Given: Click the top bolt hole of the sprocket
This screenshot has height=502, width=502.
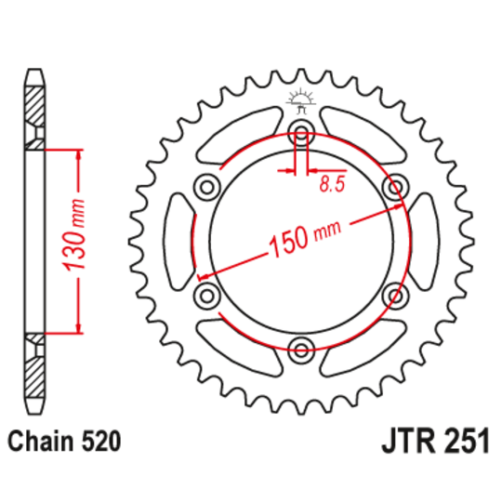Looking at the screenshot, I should point(301,129).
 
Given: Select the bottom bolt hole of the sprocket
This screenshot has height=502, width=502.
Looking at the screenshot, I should point(301,350).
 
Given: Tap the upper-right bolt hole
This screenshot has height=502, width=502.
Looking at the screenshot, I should point(397,184).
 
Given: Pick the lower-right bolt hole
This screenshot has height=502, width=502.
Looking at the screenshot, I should point(397,296).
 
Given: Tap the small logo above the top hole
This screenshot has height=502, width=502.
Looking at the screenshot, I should point(300,99).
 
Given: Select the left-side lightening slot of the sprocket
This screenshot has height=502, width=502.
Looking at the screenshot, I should point(177,240).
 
